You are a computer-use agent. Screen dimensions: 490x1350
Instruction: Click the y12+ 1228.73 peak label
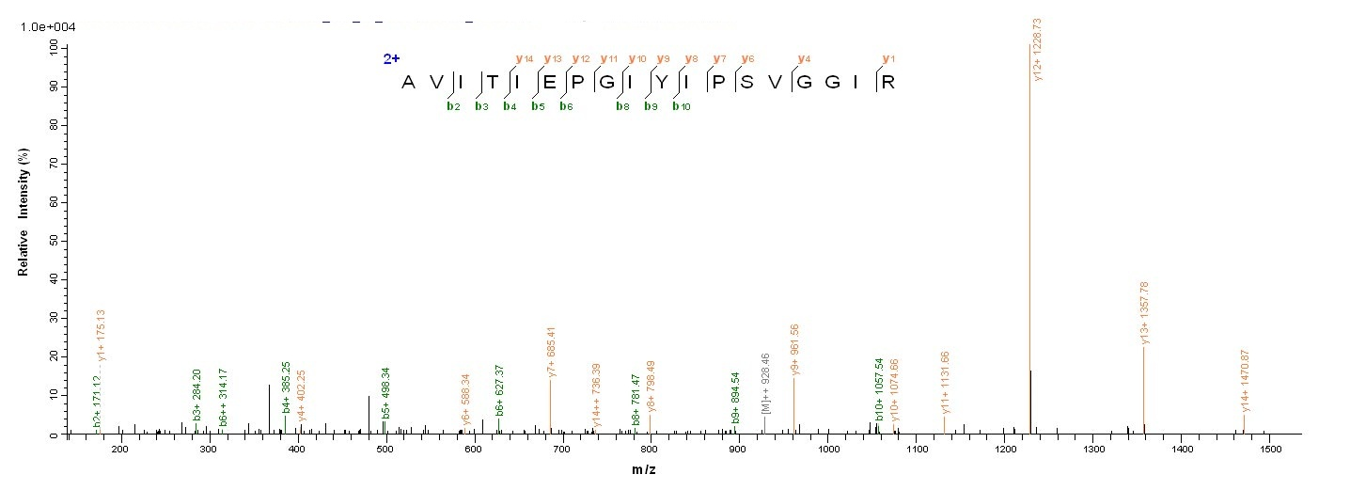1038,49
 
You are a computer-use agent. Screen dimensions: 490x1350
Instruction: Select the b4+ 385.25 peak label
286,387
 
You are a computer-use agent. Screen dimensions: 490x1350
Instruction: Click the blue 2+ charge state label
391,58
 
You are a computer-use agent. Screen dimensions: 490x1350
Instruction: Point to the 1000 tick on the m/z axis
828,450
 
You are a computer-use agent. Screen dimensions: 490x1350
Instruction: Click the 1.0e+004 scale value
48,27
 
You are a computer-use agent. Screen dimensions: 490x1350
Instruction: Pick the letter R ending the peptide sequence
886,82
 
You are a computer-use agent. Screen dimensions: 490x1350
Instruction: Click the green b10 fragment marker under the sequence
681,106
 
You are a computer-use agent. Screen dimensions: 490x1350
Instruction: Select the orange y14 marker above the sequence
524,58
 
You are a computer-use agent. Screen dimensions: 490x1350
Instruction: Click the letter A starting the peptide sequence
408,82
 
